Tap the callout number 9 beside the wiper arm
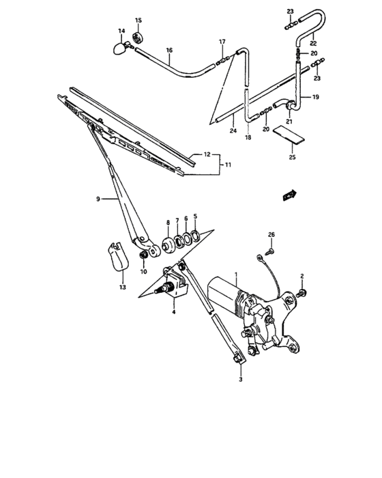pos(98,199)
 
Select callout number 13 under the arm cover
pos(123,288)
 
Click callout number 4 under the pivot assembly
pos(174,312)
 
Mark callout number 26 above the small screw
pos(271,236)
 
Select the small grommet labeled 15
pos(139,36)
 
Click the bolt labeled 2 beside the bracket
pos(302,293)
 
